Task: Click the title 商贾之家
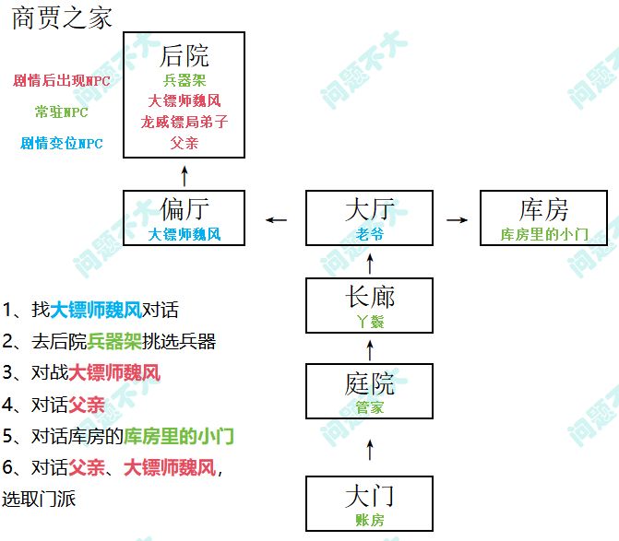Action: coord(62,18)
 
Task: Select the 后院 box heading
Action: coord(185,55)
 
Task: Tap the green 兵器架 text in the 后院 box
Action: coord(185,81)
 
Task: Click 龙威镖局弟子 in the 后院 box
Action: coord(185,122)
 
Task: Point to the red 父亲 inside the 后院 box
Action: coord(185,143)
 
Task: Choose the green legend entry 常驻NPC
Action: coord(62,112)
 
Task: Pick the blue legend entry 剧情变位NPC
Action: coord(62,144)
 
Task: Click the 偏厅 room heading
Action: coord(185,210)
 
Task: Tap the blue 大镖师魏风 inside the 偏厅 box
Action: coord(185,234)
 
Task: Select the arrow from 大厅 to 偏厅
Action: coord(276,220)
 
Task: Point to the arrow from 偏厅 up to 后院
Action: coord(185,174)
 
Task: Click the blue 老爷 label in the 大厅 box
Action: coord(370,234)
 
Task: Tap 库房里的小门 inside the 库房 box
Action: coord(543,234)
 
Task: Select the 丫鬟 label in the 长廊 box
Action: coord(370,322)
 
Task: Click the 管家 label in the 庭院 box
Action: coord(370,406)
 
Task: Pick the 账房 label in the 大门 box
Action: coord(370,520)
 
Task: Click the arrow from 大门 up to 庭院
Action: coord(370,449)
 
